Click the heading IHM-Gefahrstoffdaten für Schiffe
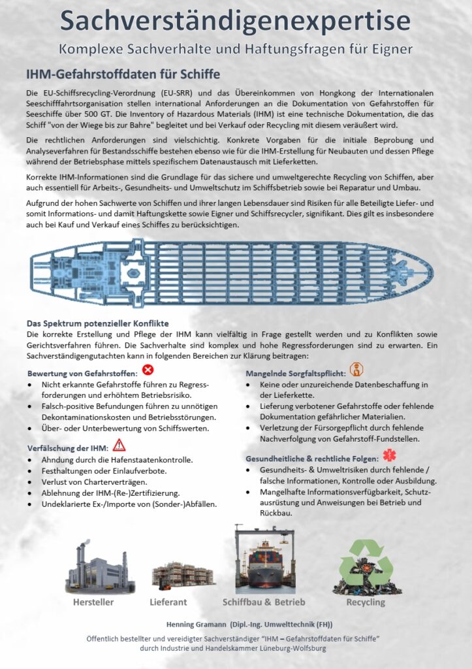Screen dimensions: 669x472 pos(123,74)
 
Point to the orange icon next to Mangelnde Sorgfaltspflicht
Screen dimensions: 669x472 pos(356,370)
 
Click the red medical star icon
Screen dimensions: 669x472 pos(388,455)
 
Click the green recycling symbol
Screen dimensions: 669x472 pos(365,566)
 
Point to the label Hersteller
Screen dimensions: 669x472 pos(93,602)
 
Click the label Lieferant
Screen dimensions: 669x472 pos(168,602)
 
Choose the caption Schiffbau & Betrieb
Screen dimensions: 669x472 pos(264,602)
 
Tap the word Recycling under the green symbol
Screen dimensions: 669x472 pos(366,602)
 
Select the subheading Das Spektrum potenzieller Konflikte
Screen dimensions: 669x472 pos(98,323)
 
